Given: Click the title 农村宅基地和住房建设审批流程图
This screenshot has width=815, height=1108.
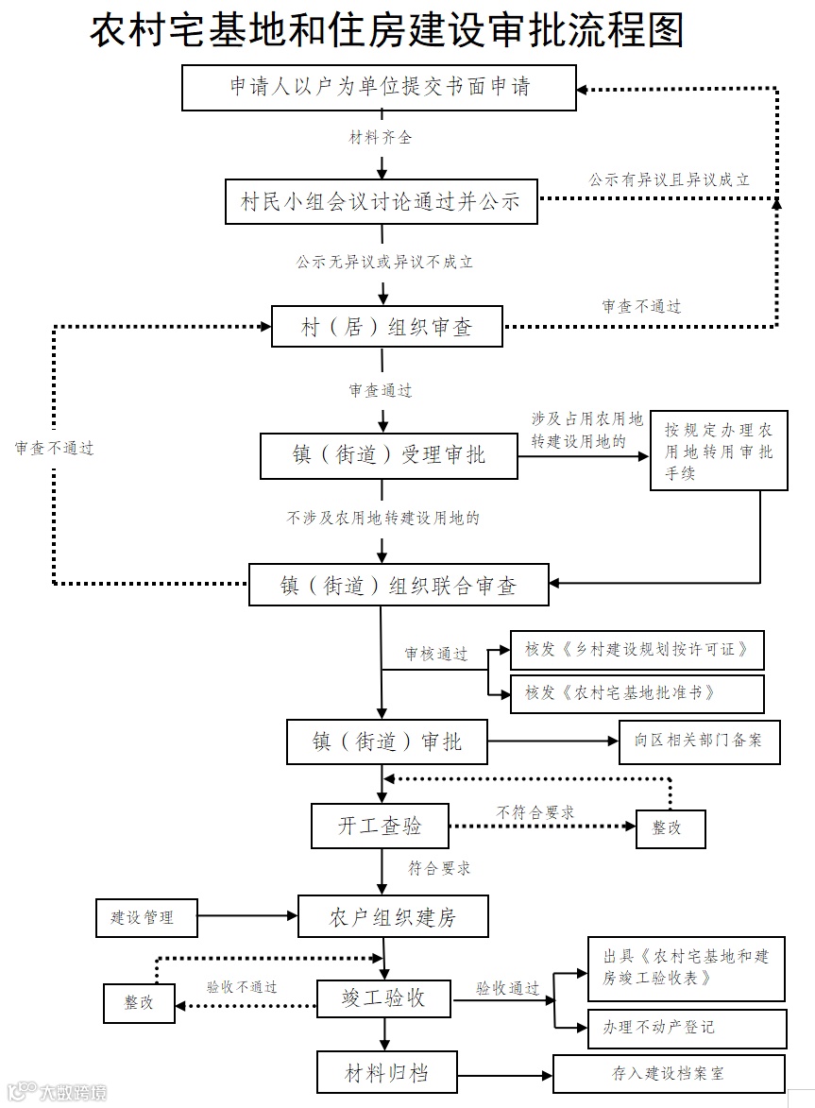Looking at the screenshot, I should pyautogui.click(x=386, y=31).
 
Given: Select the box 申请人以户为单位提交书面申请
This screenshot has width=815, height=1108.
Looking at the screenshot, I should pyautogui.click(x=379, y=88).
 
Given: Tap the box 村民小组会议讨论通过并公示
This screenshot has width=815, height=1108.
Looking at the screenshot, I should pyautogui.click(x=381, y=201).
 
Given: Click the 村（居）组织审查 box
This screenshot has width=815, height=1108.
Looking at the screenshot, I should pyautogui.click(x=386, y=328).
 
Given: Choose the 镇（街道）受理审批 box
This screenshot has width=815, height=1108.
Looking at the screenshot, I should pyautogui.click(x=388, y=455).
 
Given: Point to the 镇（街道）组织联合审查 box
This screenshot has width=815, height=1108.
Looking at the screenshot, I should pyautogui.click(x=398, y=585).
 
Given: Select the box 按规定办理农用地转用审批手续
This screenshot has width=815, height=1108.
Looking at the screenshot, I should pyautogui.click(x=719, y=451).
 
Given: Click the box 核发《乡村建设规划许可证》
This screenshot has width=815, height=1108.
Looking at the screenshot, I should pyautogui.click(x=637, y=650).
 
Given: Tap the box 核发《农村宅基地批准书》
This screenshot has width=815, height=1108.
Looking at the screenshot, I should pyautogui.click(x=637, y=693).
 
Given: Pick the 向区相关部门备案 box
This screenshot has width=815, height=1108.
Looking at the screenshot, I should pyautogui.click(x=700, y=742).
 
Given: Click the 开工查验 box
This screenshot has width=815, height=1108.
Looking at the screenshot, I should pyautogui.click(x=380, y=826).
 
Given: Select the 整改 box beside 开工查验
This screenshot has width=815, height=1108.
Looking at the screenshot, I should pyautogui.click(x=671, y=827).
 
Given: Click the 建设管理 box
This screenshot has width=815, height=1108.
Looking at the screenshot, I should pyautogui.click(x=147, y=917).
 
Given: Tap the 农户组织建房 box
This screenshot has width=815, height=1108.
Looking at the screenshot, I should pyautogui.click(x=393, y=917).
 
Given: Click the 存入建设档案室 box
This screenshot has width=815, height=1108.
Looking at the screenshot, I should pyautogui.click(x=669, y=1074).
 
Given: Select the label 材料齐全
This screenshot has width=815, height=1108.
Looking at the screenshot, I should pyautogui.click(x=381, y=138).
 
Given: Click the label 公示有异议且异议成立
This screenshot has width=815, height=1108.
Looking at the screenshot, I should pyautogui.click(x=670, y=179).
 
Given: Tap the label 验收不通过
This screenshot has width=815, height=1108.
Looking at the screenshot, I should pyautogui.click(x=242, y=987).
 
